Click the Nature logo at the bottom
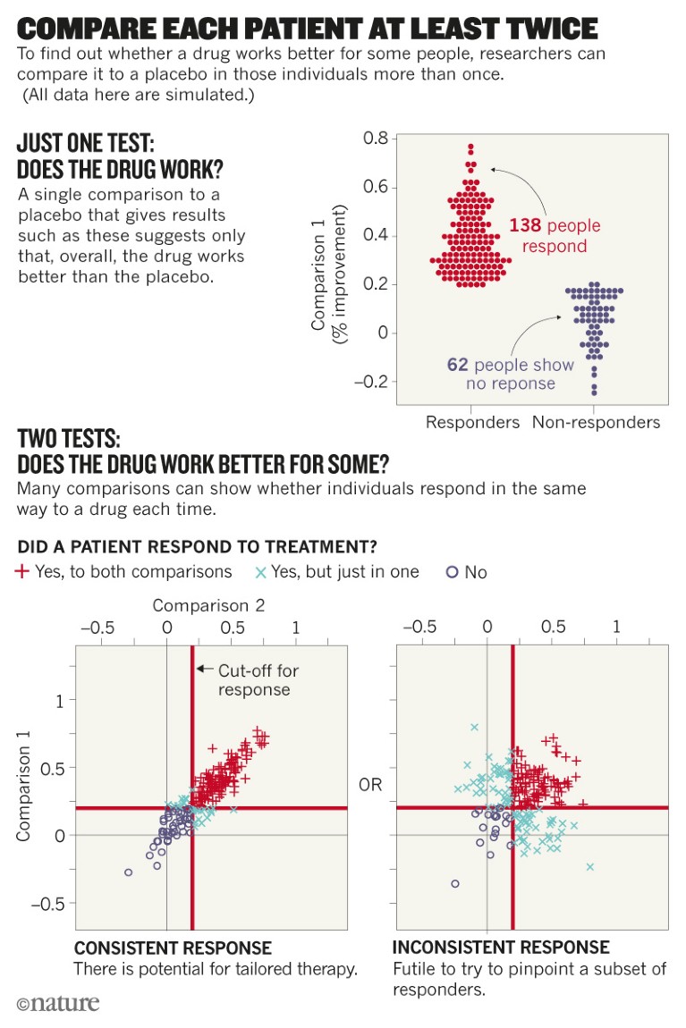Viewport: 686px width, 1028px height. [58, 1003]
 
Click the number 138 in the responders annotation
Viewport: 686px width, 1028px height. [525, 225]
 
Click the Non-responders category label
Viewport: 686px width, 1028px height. [596, 422]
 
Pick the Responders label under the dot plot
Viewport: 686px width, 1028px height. [472, 422]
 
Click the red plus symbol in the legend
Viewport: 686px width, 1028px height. [23, 571]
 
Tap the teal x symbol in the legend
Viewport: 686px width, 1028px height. [260, 571]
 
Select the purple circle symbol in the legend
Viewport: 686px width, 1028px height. [452, 572]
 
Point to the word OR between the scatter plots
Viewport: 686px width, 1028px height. [370, 785]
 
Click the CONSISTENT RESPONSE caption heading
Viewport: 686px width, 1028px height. [173, 948]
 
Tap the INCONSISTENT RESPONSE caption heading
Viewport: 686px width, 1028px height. [501, 948]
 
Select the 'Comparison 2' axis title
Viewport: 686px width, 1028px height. [208, 605]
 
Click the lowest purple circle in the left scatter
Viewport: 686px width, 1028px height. [128, 872]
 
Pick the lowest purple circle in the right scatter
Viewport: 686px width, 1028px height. [455, 883]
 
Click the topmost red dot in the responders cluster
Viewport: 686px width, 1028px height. [470, 147]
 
